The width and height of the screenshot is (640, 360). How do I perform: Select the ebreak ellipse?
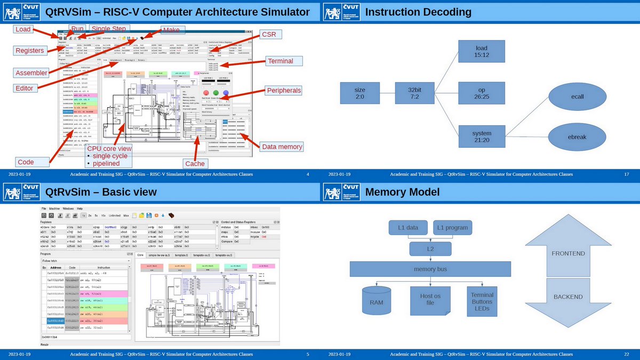[x=577, y=137]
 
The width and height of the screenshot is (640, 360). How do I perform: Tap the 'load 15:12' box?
[x=481, y=51]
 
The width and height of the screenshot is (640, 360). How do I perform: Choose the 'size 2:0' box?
[x=360, y=94]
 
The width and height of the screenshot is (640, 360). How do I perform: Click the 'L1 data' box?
[x=408, y=228]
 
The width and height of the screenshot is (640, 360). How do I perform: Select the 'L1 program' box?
[x=452, y=228]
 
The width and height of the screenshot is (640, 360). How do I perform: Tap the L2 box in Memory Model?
[x=430, y=249]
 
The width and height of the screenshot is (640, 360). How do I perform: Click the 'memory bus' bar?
[x=430, y=269]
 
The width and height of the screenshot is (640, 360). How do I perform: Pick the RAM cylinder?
[x=376, y=302]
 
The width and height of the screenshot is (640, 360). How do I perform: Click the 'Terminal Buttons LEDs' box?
[x=482, y=302]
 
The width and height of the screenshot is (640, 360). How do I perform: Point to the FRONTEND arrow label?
[x=568, y=253]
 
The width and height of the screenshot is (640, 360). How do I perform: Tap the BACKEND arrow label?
[x=568, y=297]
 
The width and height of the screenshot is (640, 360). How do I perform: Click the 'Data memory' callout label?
[x=282, y=147]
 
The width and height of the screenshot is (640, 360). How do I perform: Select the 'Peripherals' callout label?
[x=283, y=91]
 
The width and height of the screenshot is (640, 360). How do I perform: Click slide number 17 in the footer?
[x=627, y=174]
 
